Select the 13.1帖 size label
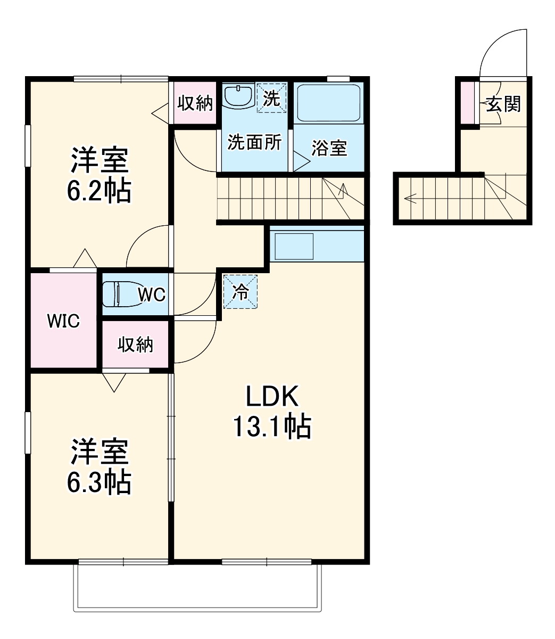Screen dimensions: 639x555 tap(272, 427)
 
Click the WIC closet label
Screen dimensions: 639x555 tap(63, 321)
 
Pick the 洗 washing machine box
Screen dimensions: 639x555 tap(271, 98)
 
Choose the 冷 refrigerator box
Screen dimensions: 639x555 tap(241, 292)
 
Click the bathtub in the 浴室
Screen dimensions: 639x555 tap(329, 103)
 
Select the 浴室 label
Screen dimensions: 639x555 tap(329, 148)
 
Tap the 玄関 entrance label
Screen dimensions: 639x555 tap(503, 104)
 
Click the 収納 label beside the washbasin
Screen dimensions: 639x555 tap(195, 103)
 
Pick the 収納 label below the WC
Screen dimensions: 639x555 tap(135, 345)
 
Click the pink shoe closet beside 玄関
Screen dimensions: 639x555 tap(467, 103)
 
